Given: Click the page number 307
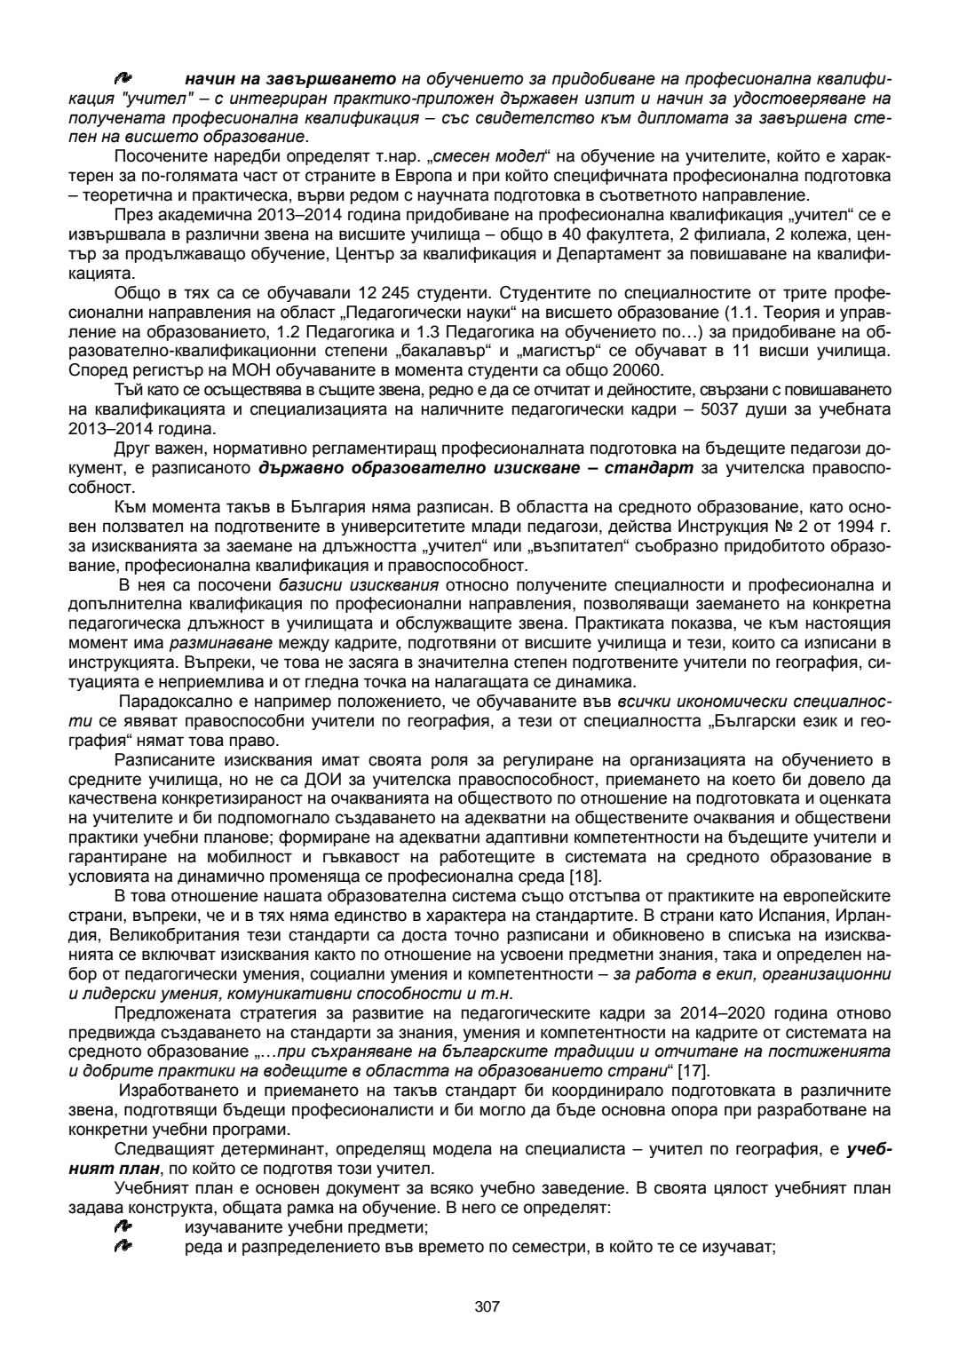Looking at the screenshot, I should [x=487, y=1306].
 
